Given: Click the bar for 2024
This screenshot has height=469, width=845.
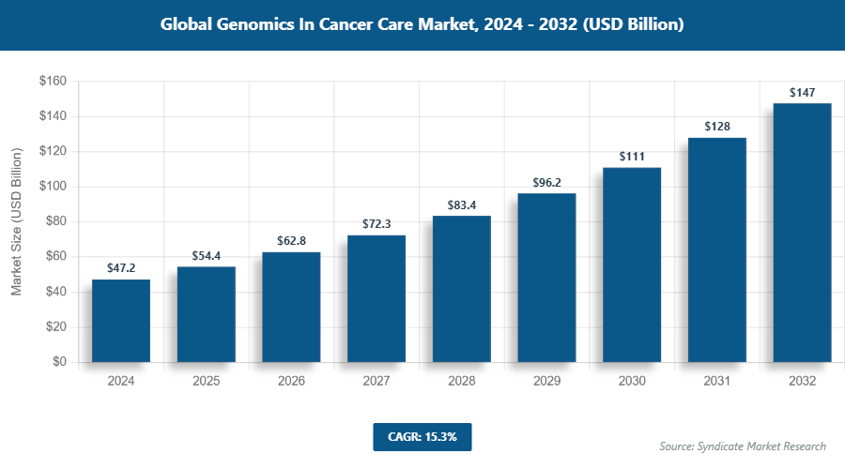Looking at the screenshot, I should click(x=121, y=321).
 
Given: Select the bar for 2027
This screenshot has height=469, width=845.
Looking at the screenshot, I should click(x=376, y=298).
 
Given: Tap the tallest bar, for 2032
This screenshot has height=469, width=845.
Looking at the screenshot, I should click(x=802, y=233).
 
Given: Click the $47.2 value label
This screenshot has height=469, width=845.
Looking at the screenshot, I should click(x=121, y=267).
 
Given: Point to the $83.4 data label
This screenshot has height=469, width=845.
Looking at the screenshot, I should click(x=461, y=204).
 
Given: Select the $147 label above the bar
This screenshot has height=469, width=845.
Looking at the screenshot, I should click(x=802, y=92).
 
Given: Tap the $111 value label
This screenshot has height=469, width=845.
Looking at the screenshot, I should click(x=632, y=156).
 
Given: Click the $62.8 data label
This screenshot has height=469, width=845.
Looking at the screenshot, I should click(x=291, y=240).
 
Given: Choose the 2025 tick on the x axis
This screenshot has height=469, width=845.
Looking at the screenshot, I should click(x=207, y=382).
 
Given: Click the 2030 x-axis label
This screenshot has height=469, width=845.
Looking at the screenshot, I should click(x=632, y=382).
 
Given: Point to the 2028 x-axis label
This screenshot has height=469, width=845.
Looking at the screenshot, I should click(x=461, y=382).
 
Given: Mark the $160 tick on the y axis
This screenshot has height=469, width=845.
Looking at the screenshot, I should click(x=52, y=82).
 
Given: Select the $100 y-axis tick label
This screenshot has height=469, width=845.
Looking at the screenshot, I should click(x=52, y=187).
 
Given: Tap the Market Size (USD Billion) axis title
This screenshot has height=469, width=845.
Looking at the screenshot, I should click(x=17, y=221).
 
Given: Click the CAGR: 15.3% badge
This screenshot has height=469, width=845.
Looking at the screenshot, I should click(x=422, y=436).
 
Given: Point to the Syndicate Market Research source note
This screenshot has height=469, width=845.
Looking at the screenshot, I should click(x=742, y=446).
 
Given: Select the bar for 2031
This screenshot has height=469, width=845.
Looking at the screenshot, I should click(x=716, y=250).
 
